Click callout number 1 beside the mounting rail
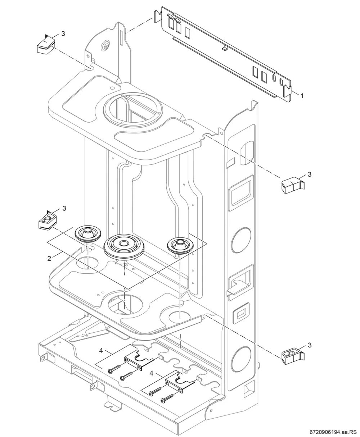tap(302, 96)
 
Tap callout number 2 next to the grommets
tap(49, 258)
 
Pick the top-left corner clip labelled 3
tap(46, 45)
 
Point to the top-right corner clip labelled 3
tap(293, 185)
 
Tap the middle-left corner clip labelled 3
tap(48, 220)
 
